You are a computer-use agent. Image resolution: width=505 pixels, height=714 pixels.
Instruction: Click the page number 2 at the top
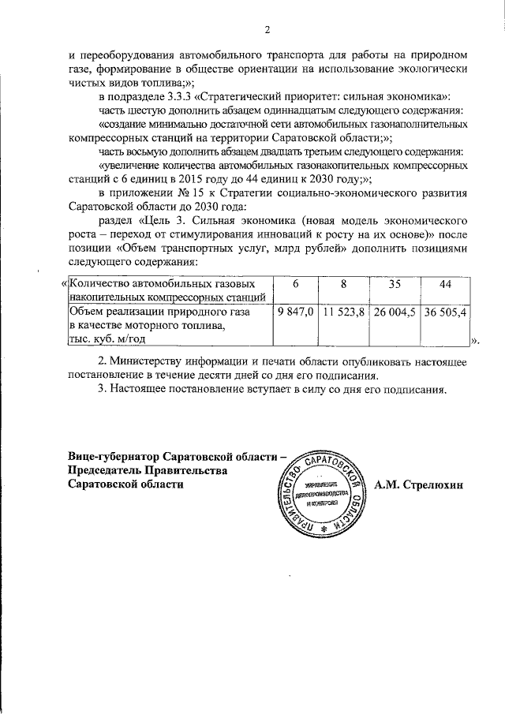tap(267, 30)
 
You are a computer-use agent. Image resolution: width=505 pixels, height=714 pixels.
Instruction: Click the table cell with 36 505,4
tap(445, 313)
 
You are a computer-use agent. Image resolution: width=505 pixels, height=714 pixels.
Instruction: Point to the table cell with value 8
tap(343, 283)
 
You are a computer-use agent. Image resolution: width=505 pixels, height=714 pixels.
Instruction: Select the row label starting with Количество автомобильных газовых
tap(162, 283)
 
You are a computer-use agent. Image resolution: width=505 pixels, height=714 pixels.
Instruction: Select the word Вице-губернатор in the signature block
tap(112, 458)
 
